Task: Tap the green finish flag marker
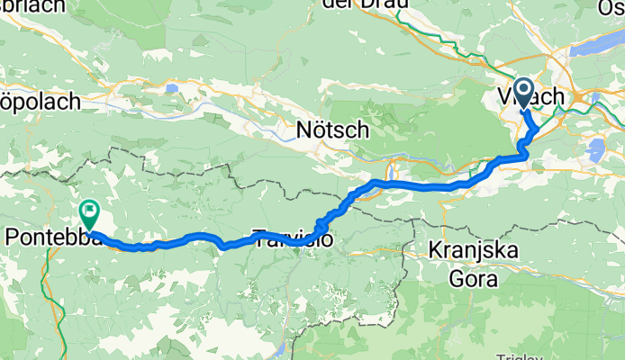click(89, 213)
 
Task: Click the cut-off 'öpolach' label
click(40, 101)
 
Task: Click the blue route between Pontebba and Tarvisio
click(180, 239)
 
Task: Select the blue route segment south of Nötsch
click(414, 185)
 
